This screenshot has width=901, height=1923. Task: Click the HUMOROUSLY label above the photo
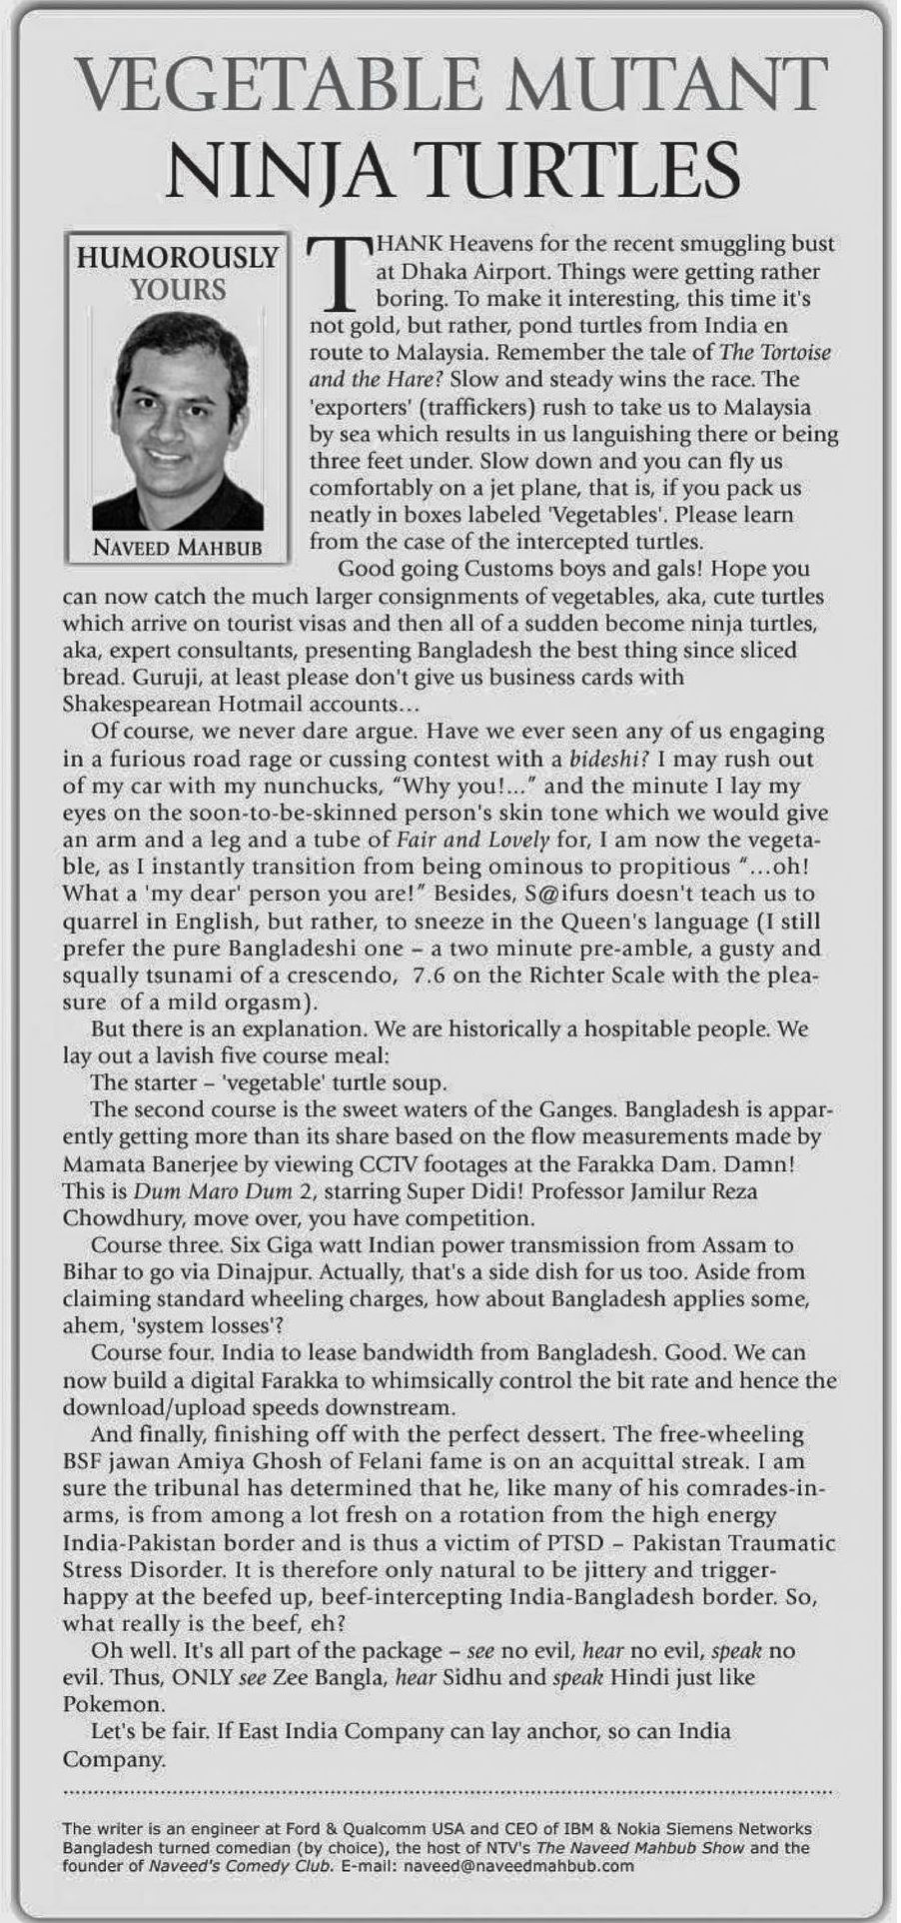point(178,258)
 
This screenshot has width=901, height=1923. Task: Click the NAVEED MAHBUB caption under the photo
point(177,547)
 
